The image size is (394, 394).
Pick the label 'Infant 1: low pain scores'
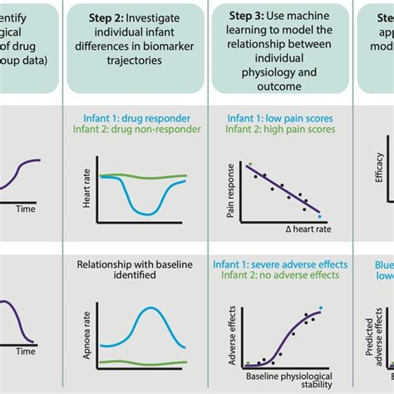tap(281, 119)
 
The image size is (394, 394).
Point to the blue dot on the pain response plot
tap(319, 216)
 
